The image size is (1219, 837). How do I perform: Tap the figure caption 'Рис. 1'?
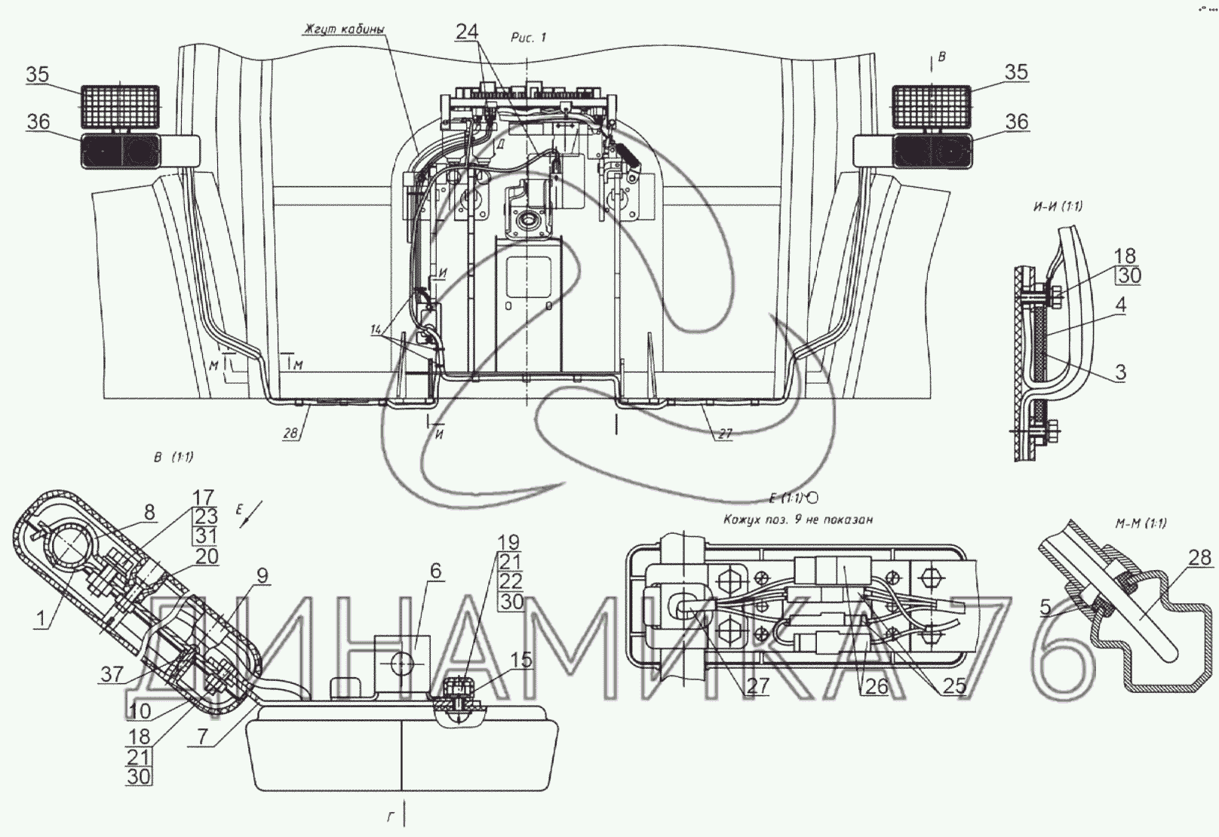coord(528,38)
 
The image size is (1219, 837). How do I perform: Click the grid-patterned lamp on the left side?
coord(120,106)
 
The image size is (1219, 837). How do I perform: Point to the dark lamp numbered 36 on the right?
coord(930,152)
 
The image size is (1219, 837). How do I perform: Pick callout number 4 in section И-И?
coord(1122,305)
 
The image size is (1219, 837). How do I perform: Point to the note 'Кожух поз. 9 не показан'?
coord(797,520)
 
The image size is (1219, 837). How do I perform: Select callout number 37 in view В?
coord(112,674)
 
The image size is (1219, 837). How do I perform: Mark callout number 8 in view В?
coord(149,513)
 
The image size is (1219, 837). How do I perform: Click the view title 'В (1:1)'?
coord(173,457)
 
